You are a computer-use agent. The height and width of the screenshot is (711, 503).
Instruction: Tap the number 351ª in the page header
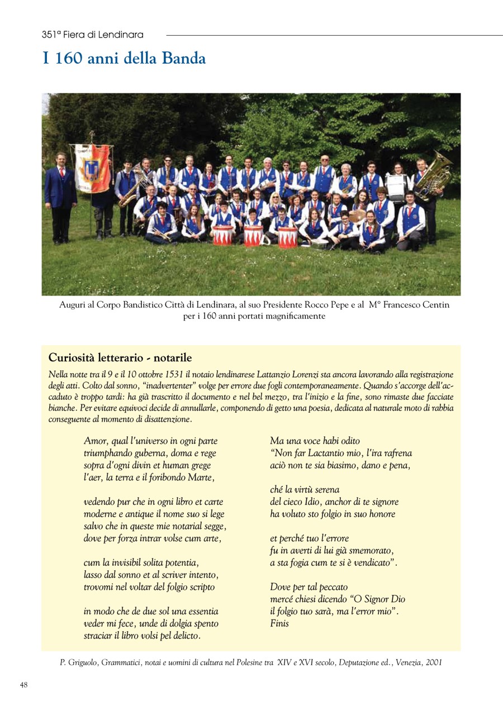tap(51, 35)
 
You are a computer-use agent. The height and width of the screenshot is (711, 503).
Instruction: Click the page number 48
tap(24, 685)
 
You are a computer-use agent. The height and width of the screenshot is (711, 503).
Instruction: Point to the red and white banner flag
tap(93, 168)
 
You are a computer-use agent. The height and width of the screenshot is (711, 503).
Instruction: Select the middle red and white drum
tap(253, 236)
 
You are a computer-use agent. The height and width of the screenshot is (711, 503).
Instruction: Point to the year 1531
tap(174, 374)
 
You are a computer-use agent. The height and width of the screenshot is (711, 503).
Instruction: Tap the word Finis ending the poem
tap(279, 623)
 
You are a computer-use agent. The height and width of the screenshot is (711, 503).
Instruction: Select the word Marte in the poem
tap(202, 477)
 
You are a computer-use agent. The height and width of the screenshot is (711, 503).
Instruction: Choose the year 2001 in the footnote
tap(433, 663)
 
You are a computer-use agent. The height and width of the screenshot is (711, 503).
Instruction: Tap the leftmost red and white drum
tap(222, 236)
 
